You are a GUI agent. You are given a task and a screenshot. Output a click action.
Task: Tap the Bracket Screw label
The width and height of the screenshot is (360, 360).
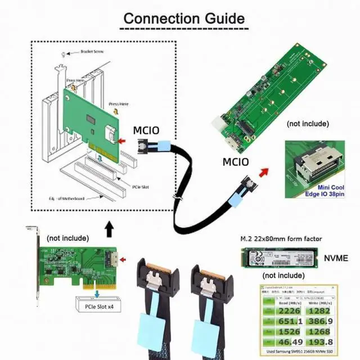(x=84, y=52)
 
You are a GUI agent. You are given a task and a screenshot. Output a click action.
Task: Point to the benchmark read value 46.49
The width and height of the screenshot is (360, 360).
(x=280, y=341)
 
